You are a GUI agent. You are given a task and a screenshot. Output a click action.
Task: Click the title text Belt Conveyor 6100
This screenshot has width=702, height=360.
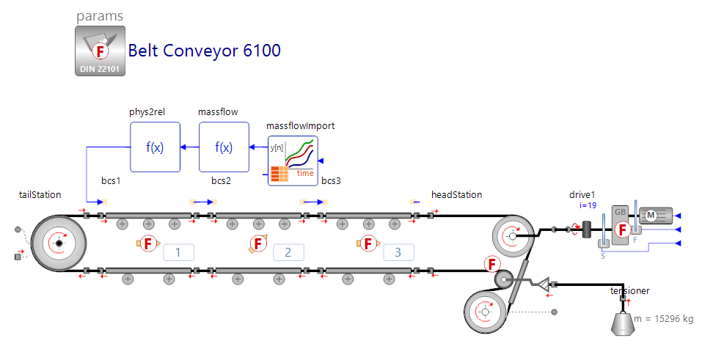[205, 51]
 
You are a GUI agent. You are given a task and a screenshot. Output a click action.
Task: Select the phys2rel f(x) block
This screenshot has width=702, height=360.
[155, 147]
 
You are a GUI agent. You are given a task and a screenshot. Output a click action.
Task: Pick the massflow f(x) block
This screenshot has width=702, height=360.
[224, 147]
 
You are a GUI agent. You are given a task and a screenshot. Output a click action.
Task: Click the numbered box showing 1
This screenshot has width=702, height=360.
[178, 253]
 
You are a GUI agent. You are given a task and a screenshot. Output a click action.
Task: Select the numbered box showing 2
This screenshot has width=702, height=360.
[288, 253]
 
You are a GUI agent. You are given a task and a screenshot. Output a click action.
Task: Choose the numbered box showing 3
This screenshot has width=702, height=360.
[398, 253]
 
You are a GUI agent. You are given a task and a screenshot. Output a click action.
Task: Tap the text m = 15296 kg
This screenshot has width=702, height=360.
[663, 319]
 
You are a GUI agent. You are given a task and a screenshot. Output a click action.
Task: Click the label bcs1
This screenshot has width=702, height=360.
[111, 180]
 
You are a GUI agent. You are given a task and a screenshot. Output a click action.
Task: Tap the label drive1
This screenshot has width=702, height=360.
[582, 195]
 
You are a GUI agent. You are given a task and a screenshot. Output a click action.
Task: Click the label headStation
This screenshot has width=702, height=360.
[456, 195]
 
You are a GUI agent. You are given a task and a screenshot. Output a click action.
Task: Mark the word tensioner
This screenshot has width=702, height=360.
[629, 291]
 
